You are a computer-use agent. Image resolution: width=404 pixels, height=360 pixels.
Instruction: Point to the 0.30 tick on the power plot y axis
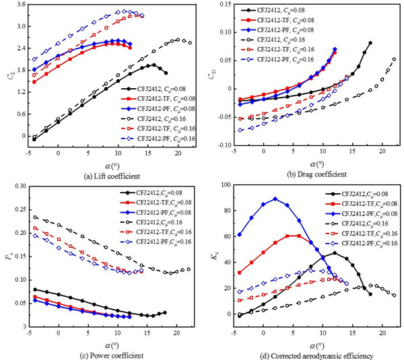[x=19, y=186]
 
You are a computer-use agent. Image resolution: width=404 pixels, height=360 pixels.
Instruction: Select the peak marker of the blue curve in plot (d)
[x=275, y=199]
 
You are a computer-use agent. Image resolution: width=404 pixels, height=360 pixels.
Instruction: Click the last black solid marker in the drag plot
[x=370, y=43]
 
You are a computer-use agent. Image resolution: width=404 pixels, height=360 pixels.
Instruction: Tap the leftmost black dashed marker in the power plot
[x=34, y=217]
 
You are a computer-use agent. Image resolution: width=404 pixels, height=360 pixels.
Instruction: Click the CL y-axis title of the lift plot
[x=8, y=76]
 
